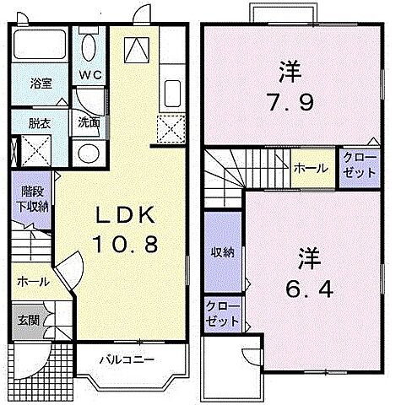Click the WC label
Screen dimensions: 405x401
(89, 74)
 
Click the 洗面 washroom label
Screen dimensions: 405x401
(89, 121)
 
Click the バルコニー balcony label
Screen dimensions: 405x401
(127, 359)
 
